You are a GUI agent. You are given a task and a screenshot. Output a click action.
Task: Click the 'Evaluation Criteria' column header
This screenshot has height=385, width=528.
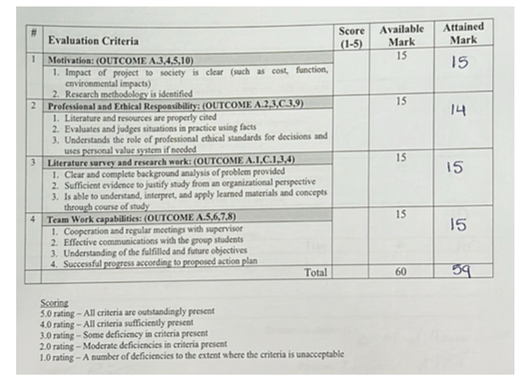click(x=93, y=41)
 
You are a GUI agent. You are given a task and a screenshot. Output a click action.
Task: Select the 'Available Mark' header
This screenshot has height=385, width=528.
click(x=401, y=36)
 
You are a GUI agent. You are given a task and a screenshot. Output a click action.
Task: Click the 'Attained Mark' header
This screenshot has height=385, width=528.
click(x=463, y=33)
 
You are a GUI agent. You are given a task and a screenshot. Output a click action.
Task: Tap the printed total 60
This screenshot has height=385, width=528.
click(x=401, y=272)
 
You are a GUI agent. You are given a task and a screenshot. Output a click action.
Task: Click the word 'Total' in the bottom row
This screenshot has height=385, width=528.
click(x=315, y=273)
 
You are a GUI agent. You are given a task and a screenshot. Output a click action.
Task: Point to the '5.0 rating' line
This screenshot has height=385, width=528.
click(x=127, y=311)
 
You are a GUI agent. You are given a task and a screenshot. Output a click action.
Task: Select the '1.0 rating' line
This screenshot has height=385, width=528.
click(x=191, y=355)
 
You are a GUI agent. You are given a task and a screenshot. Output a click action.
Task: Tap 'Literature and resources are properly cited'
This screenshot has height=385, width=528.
click(x=140, y=118)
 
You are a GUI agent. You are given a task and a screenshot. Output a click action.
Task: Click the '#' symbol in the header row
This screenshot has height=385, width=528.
click(x=33, y=32)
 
